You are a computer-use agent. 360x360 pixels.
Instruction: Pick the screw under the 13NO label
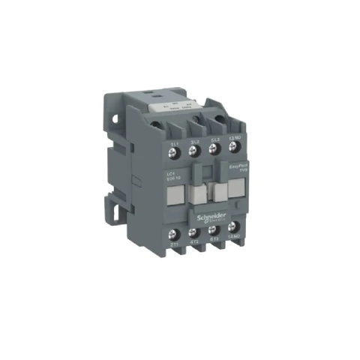[x=233, y=154]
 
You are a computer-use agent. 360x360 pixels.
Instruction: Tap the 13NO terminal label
[x=234, y=142]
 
